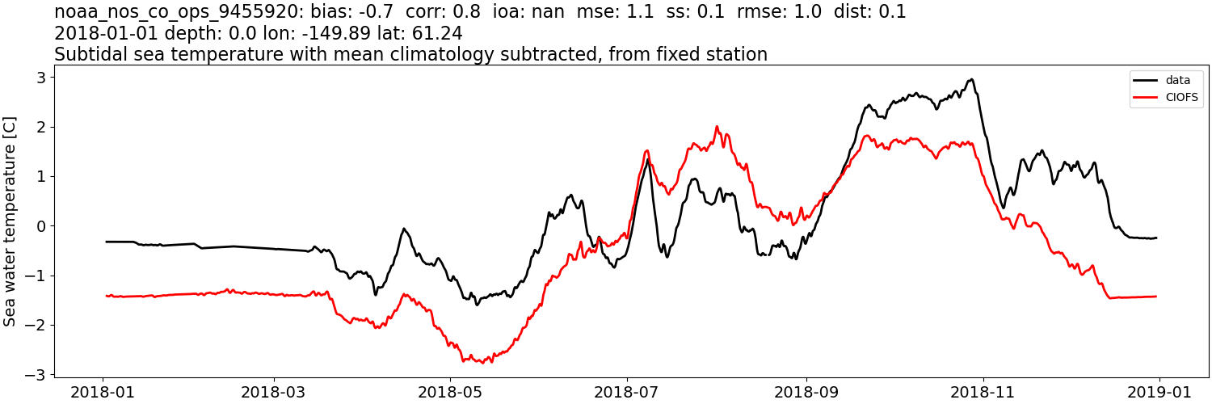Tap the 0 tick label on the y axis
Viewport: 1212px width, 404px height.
coord(40,226)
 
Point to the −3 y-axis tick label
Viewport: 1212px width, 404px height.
coord(36,375)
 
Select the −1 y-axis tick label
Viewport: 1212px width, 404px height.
coord(36,276)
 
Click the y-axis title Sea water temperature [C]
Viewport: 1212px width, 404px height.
coord(11,221)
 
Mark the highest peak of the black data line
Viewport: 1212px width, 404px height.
coord(972,79)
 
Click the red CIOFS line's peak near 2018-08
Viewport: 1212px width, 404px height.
coord(717,127)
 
